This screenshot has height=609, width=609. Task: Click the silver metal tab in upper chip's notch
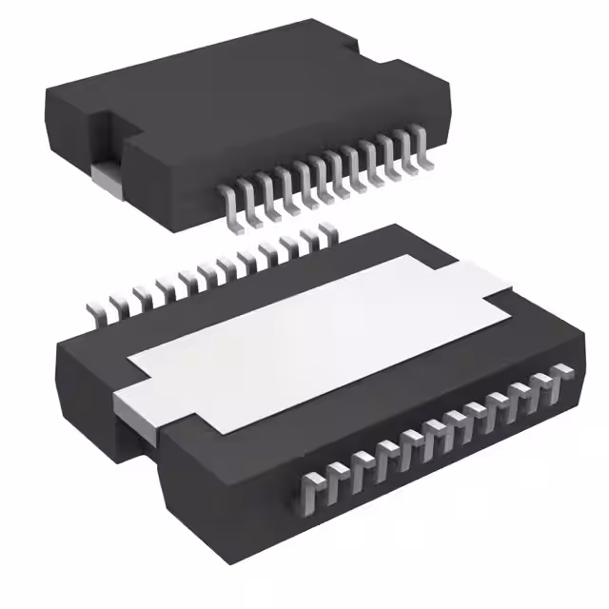(x=107, y=177)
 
